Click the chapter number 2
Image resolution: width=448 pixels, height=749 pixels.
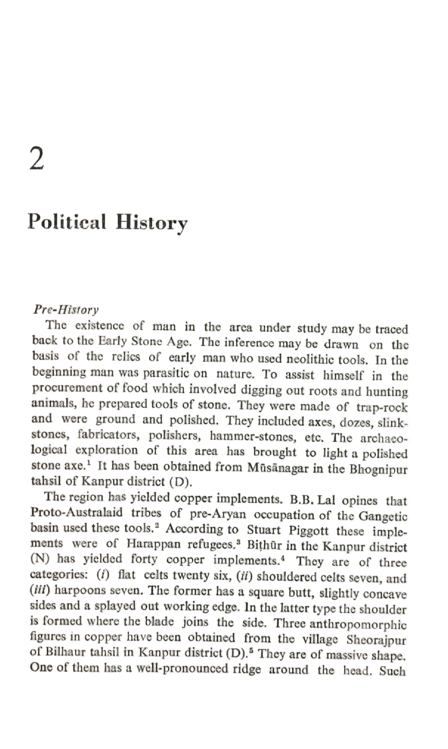coord(37,158)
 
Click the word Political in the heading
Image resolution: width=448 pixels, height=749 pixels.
coord(67,222)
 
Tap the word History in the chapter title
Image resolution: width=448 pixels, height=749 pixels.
coord(152,223)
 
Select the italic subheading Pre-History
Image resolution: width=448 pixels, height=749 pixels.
coord(65,309)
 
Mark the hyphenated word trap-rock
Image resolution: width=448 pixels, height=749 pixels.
coord(382,408)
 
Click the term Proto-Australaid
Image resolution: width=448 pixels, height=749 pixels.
coord(77,513)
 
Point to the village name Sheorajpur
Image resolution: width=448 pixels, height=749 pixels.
coord(376,640)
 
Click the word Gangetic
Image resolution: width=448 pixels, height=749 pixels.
coord(383,516)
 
